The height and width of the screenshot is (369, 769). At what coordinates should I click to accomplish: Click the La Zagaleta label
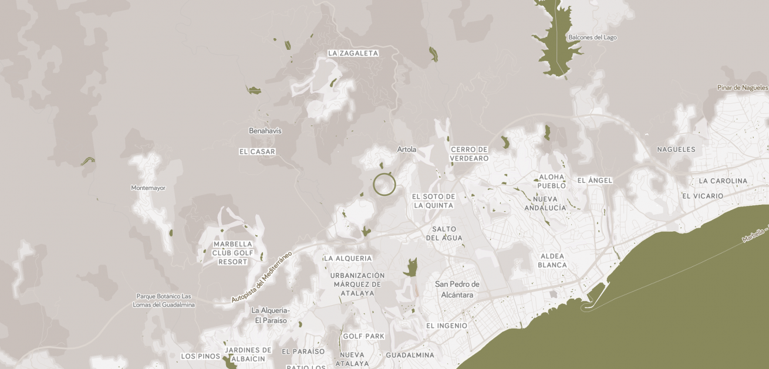(353, 53)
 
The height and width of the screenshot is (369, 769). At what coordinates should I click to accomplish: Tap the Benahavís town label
(265, 131)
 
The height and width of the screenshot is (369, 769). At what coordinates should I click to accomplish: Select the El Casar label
(257, 151)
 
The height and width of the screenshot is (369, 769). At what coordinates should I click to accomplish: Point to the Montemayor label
(148, 188)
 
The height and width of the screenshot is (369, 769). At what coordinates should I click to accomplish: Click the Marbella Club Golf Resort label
(233, 253)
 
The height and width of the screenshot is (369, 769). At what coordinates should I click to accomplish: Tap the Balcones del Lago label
(592, 38)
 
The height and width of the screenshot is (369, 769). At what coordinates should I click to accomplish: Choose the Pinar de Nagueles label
(743, 88)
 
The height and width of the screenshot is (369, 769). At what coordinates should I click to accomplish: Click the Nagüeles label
(676, 150)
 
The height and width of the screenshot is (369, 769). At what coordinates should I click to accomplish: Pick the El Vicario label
(703, 196)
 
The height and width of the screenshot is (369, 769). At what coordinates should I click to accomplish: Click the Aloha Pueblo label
(552, 181)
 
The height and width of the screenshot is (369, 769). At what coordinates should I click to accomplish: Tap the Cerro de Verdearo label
(470, 154)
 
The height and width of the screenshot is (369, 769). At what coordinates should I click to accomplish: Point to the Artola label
(406, 150)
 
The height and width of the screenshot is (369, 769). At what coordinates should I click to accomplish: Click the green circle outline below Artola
(384, 185)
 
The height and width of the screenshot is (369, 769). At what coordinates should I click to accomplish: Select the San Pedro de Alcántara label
(457, 289)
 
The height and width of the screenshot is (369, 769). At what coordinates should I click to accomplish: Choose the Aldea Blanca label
(552, 260)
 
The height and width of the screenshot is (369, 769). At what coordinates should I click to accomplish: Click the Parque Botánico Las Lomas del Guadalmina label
(164, 300)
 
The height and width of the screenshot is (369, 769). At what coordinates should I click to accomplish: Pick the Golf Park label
(363, 336)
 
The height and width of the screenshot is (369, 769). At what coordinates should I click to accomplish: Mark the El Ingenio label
(447, 326)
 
